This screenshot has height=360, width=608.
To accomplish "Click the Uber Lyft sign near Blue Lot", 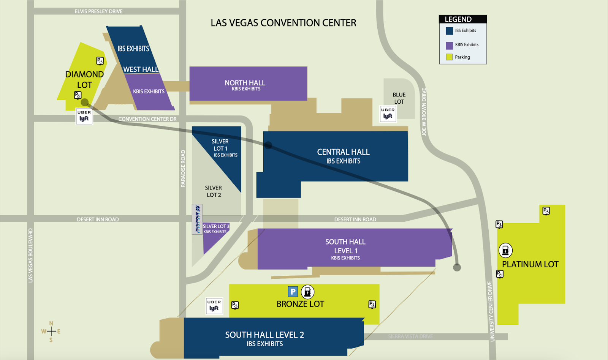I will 388,114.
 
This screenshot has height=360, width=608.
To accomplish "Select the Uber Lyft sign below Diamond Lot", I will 84,116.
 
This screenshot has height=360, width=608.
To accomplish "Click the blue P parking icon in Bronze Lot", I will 293,292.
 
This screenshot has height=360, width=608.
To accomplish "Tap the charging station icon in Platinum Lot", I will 505,250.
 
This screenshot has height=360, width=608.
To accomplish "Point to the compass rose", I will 51,331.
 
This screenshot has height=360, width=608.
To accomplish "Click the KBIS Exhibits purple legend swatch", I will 449,46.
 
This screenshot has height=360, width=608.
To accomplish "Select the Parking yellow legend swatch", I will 449,57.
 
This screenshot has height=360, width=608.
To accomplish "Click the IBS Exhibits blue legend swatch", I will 449,31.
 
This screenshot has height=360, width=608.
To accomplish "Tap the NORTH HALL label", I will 245,83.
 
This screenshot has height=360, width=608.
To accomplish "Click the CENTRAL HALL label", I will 343,152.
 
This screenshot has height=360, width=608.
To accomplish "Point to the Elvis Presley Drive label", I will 98,11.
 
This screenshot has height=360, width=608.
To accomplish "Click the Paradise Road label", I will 183,169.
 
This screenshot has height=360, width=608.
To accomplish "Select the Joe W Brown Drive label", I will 424,112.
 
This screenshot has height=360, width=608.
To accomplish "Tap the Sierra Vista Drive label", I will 410,336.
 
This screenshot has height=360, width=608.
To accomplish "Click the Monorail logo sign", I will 197,219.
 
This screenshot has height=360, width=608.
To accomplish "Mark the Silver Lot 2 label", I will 214,191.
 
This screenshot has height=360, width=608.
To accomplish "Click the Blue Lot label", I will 399,98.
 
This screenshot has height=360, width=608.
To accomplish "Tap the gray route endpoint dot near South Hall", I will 457,267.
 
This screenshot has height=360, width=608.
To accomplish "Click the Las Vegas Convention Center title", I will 283,23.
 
